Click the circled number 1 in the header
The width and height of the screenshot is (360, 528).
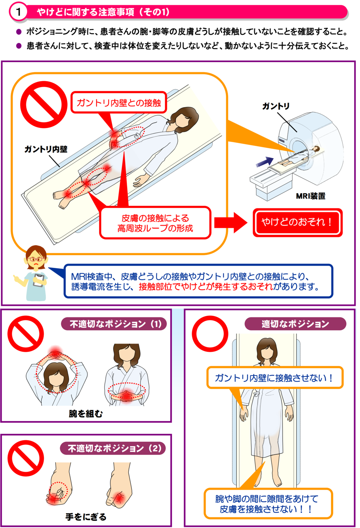[x=18, y=12]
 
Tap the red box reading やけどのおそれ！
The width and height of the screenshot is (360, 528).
[x=297, y=222]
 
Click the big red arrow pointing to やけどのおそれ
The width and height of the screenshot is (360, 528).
[x=230, y=223]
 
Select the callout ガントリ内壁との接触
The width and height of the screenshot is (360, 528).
[x=119, y=103]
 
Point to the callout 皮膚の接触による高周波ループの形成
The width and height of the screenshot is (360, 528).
[x=155, y=223]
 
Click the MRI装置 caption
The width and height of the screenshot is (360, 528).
[x=310, y=196]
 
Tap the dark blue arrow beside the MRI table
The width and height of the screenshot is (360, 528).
[x=265, y=162]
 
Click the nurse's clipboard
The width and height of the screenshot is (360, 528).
[x=39, y=280]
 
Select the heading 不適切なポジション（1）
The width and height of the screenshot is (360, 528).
[x=114, y=324]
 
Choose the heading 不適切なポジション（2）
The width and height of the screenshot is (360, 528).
[x=113, y=448]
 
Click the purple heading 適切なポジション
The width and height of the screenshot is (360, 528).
[x=295, y=324]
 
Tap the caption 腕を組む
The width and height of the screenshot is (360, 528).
[x=86, y=414]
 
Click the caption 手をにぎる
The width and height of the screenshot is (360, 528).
[x=86, y=517]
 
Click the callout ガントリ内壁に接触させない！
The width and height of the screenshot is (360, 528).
[x=275, y=378]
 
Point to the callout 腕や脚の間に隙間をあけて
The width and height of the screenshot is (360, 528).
[x=268, y=504]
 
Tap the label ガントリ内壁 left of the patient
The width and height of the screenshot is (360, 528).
[x=46, y=149]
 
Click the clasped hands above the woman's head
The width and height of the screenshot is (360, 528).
[x=55, y=354]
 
